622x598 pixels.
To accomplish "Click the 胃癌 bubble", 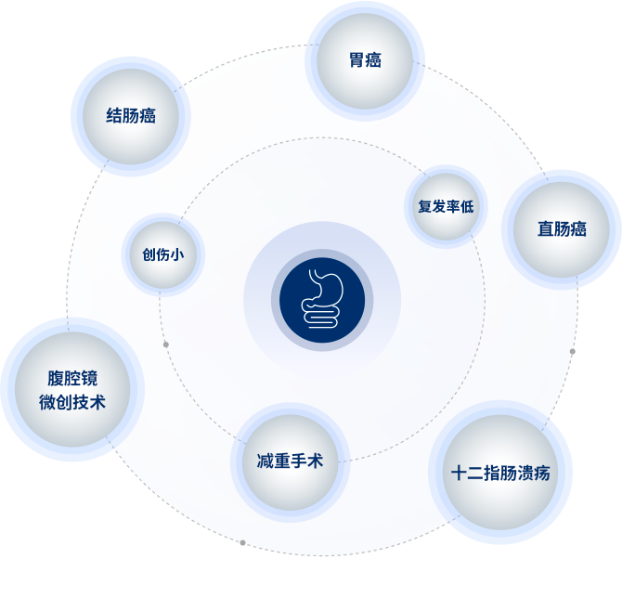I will click(x=365, y=60).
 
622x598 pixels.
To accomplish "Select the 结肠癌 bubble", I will click(x=131, y=116).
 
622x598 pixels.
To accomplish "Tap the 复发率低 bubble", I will click(x=446, y=206).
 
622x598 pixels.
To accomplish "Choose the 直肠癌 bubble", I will click(x=562, y=228).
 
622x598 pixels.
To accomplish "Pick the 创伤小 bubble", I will click(x=163, y=254).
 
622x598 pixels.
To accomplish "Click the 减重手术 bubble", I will click(x=290, y=461).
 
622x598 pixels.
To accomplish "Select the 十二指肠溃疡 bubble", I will click(x=500, y=473).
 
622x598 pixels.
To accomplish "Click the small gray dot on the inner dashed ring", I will click(x=166, y=344).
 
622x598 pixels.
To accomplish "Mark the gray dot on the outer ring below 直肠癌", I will click(x=572, y=352).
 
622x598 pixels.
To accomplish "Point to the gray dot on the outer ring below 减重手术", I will click(x=243, y=542).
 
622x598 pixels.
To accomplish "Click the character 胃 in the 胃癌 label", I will click(x=356, y=60).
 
